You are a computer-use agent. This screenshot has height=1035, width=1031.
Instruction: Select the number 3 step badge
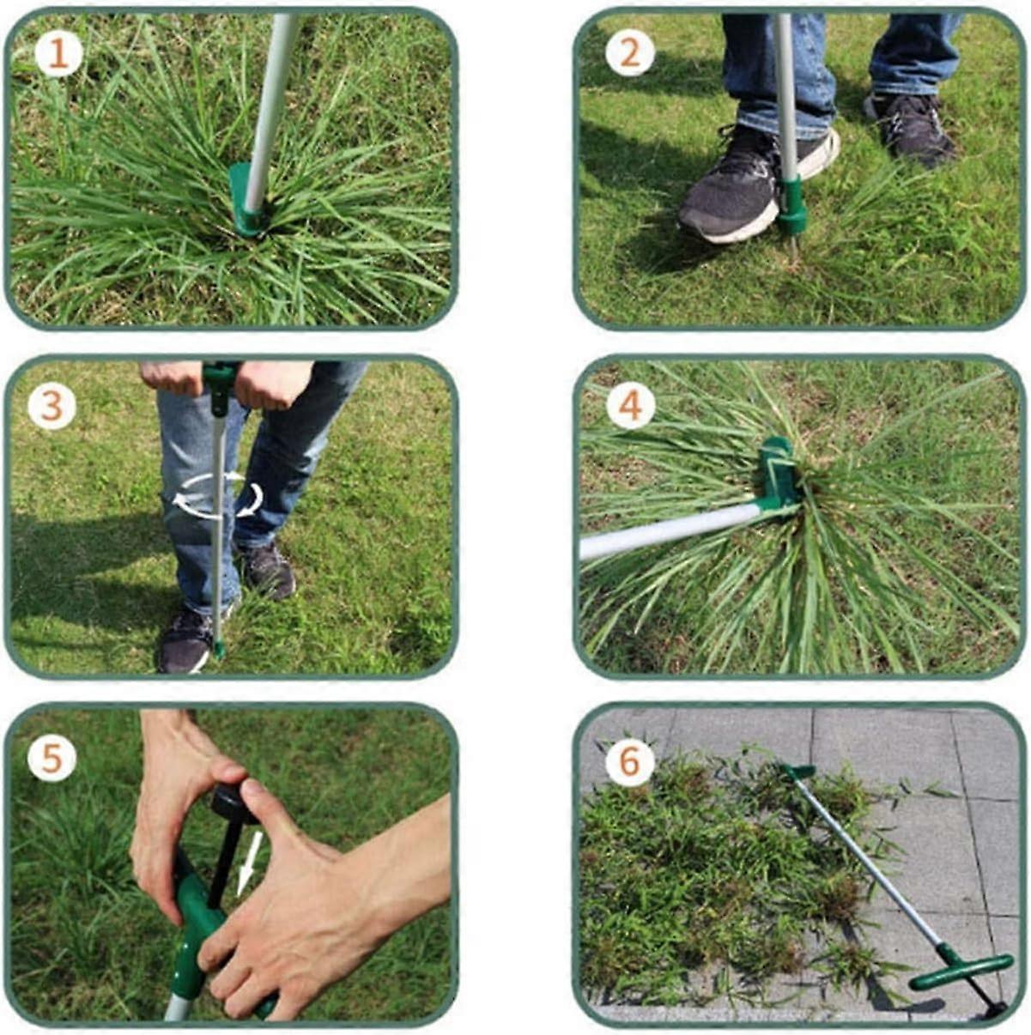point(52,406)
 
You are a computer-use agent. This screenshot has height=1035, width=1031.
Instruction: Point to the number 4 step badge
point(630,406)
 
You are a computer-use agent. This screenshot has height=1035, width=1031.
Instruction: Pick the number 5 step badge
point(52,758)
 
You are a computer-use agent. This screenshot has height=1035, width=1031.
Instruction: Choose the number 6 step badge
point(630,760)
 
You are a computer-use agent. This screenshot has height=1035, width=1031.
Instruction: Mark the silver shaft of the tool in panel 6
point(867,858)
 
